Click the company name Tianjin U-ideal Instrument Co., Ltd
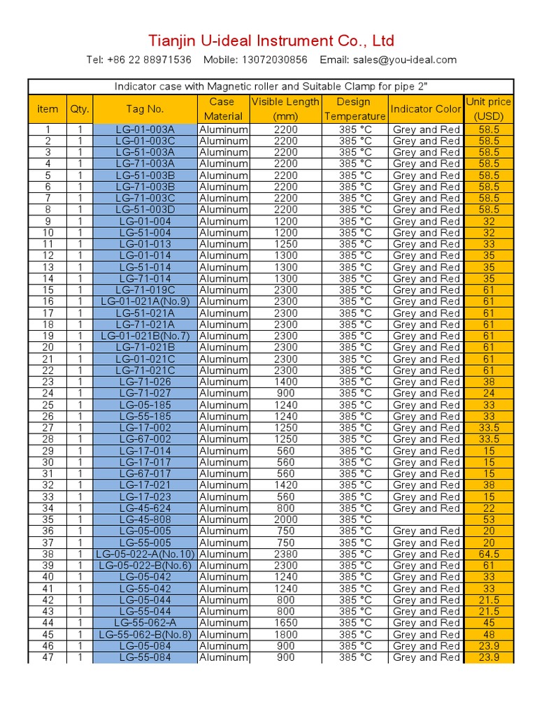271,40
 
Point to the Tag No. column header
145,109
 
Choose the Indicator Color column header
426,109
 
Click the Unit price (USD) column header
489,109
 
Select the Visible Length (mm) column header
285,109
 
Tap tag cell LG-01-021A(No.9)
145,301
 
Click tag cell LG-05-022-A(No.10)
145,554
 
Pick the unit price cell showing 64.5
489,554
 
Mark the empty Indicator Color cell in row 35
426,520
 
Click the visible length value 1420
285,485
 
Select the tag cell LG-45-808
145,520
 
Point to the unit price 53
489,520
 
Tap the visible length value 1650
285,623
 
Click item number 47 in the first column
48,657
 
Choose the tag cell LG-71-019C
145,290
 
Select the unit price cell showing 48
489,634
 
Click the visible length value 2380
285,554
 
